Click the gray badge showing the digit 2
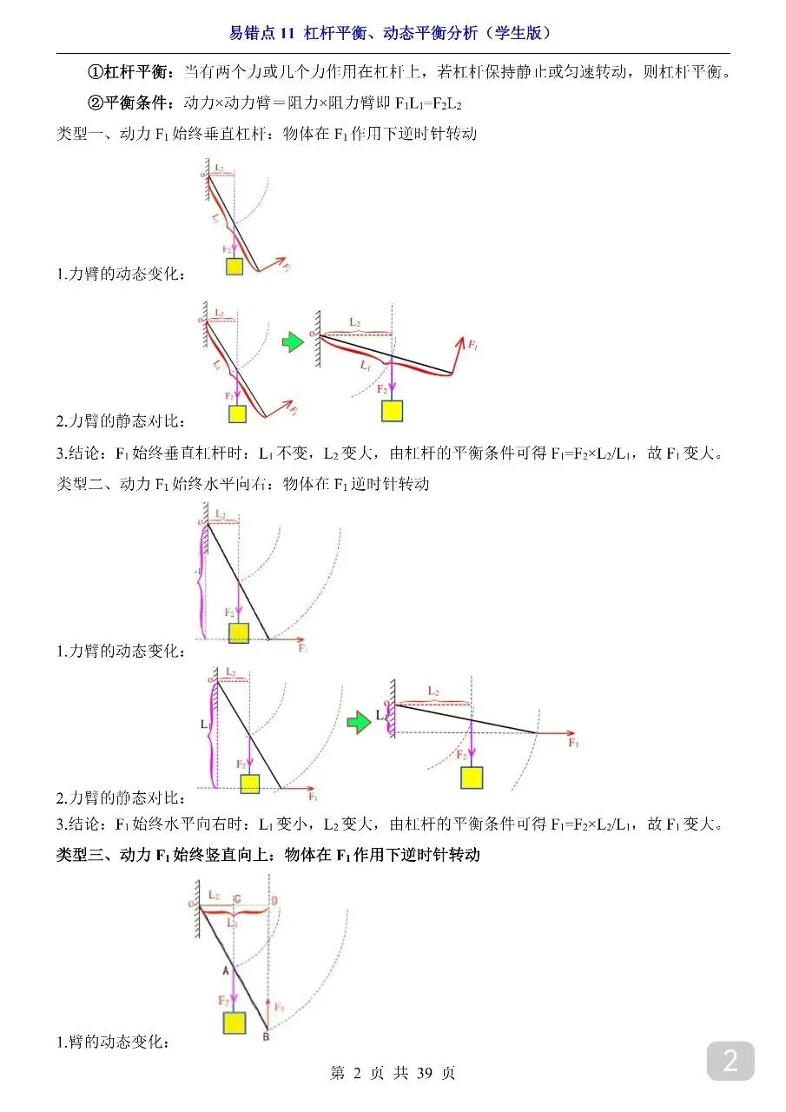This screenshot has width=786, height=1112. click(730, 1061)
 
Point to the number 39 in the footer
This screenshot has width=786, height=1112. click(425, 1073)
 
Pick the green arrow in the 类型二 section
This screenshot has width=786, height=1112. click(358, 722)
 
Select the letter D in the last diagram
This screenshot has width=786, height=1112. click(274, 901)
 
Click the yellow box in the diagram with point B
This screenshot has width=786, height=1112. click(234, 1023)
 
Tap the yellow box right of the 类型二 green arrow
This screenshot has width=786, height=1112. click(472, 778)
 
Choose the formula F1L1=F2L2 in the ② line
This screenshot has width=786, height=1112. click(428, 104)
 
